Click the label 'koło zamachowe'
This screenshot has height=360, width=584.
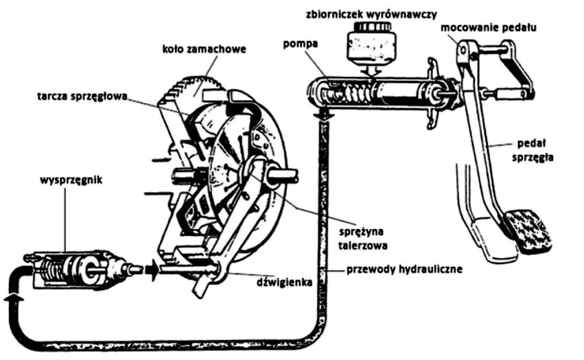(x=204, y=49)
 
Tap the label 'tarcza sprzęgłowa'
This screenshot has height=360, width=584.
(x=82, y=96)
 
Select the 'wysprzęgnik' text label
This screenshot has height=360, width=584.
(x=71, y=180)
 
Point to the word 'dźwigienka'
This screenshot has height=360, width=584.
(x=284, y=283)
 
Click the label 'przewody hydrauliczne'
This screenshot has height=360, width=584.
(x=404, y=269)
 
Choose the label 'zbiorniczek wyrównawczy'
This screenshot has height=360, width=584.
(x=371, y=14)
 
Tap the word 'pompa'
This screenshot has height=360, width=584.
(x=300, y=44)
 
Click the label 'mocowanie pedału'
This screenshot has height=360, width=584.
(x=489, y=27)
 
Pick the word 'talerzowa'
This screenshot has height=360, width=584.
(x=363, y=245)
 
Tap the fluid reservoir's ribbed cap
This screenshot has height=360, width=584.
(x=372, y=27)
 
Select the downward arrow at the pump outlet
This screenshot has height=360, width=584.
(x=323, y=114)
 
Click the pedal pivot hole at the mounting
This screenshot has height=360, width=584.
(x=463, y=49)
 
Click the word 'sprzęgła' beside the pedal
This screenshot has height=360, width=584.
(x=533, y=157)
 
